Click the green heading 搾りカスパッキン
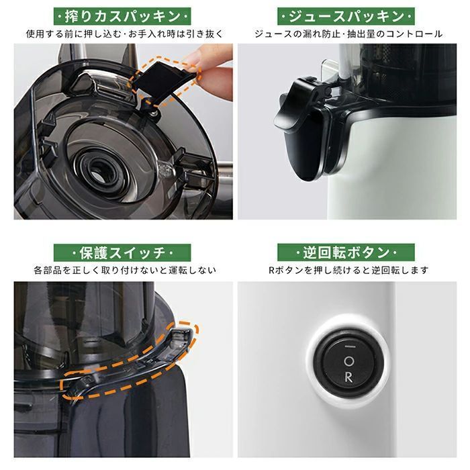pos(122,16)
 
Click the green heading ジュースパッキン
pos(346,16)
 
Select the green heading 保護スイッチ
pos(122,252)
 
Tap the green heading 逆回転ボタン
pos(346,252)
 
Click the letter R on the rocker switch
pos(348,377)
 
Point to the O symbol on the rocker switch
pos(349,361)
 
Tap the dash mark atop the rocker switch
pos(350,346)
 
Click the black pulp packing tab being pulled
pos(162,82)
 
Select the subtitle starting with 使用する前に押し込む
pos(124,34)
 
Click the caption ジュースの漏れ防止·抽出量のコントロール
pos(348,34)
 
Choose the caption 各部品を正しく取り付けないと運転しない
pos(125,270)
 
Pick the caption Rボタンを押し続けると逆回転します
pos(348,270)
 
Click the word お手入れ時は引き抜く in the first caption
pos(176,34)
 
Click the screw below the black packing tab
pos(154,112)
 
